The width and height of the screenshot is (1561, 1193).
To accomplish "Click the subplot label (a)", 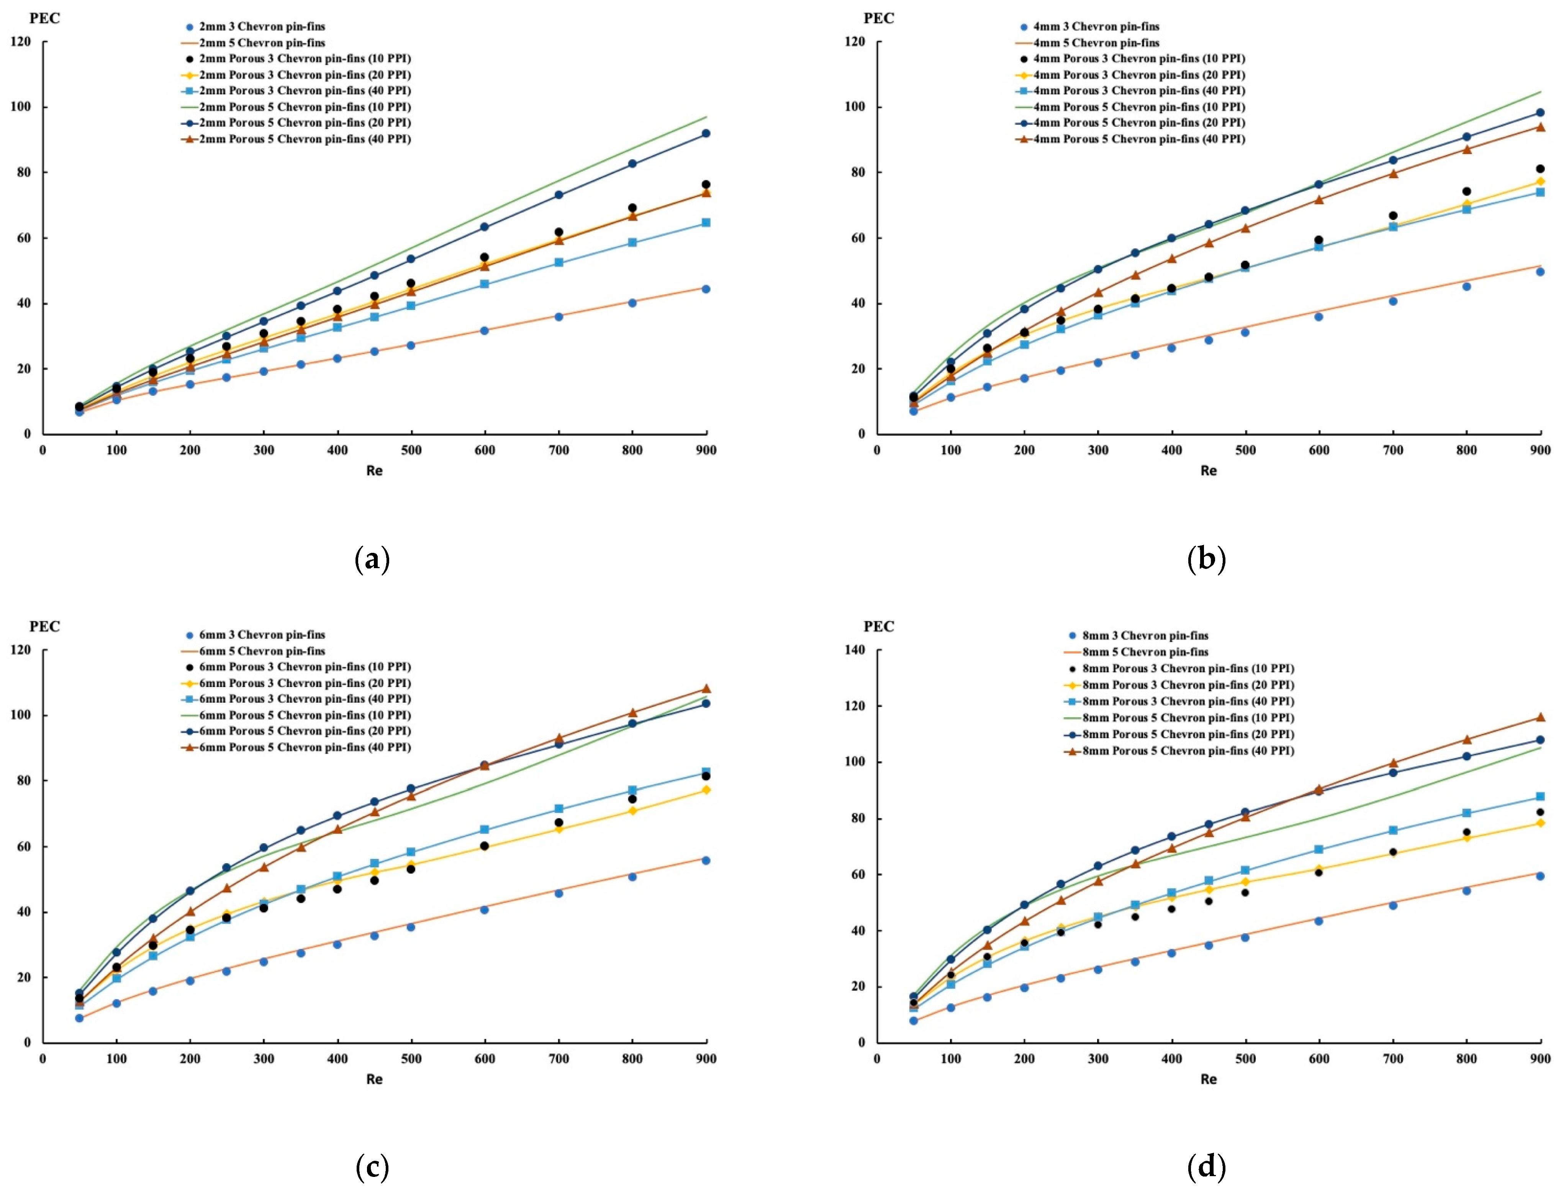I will tap(372, 560).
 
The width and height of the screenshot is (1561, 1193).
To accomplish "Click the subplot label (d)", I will tap(1206, 1166).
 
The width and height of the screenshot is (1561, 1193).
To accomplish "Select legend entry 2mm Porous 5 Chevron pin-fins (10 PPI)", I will tap(305, 107).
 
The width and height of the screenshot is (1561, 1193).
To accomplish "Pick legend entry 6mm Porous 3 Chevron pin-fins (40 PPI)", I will tap(305, 699).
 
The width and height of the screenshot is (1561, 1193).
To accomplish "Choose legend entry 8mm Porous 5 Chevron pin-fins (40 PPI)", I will tap(1188, 751).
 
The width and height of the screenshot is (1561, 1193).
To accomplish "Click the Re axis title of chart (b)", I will tap(1208, 470).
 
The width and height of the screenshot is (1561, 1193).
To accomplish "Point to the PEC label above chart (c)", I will tap(45, 626).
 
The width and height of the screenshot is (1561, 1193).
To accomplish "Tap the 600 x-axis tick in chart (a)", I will tap(485, 450).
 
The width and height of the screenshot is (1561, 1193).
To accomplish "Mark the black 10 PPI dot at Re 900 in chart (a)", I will tap(706, 185).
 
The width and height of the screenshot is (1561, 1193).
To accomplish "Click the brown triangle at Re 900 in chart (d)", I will tap(1540, 717).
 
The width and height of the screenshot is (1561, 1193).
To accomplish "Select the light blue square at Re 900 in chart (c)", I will tap(706, 772).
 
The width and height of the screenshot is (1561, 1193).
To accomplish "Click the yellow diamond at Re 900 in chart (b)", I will tap(1540, 182).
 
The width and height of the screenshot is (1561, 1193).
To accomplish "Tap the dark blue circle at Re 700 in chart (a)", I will tap(559, 195).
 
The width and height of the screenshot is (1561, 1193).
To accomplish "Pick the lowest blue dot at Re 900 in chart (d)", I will tap(1540, 876).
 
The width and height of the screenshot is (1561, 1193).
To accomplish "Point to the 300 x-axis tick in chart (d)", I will tap(1097, 1059).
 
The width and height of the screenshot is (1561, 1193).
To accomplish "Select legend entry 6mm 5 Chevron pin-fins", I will tap(262, 651).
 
